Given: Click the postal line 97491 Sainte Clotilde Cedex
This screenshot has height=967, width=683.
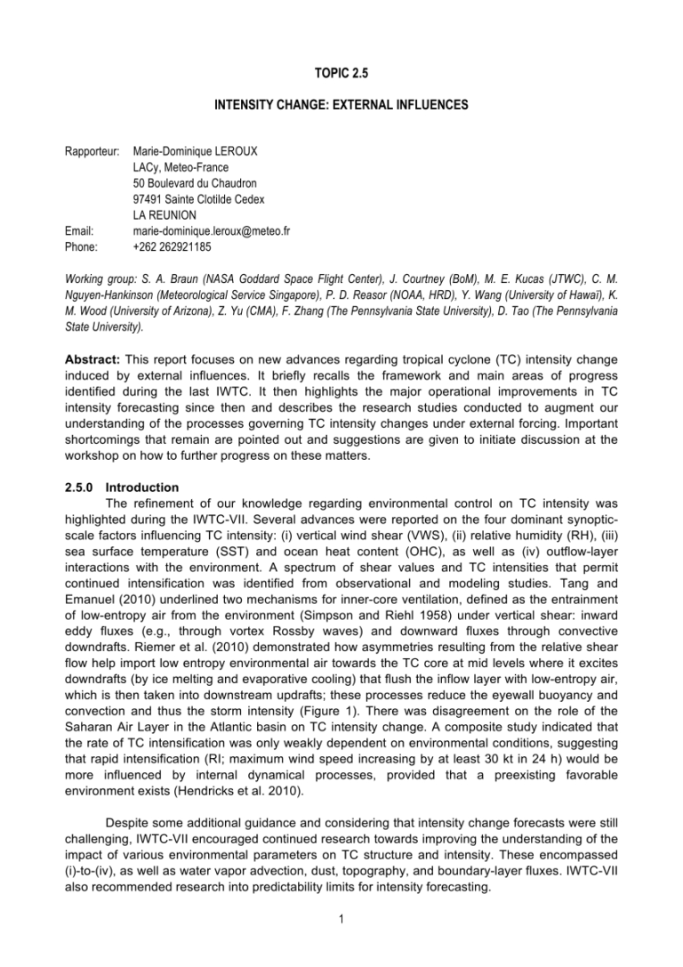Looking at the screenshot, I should tap(210, 199).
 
